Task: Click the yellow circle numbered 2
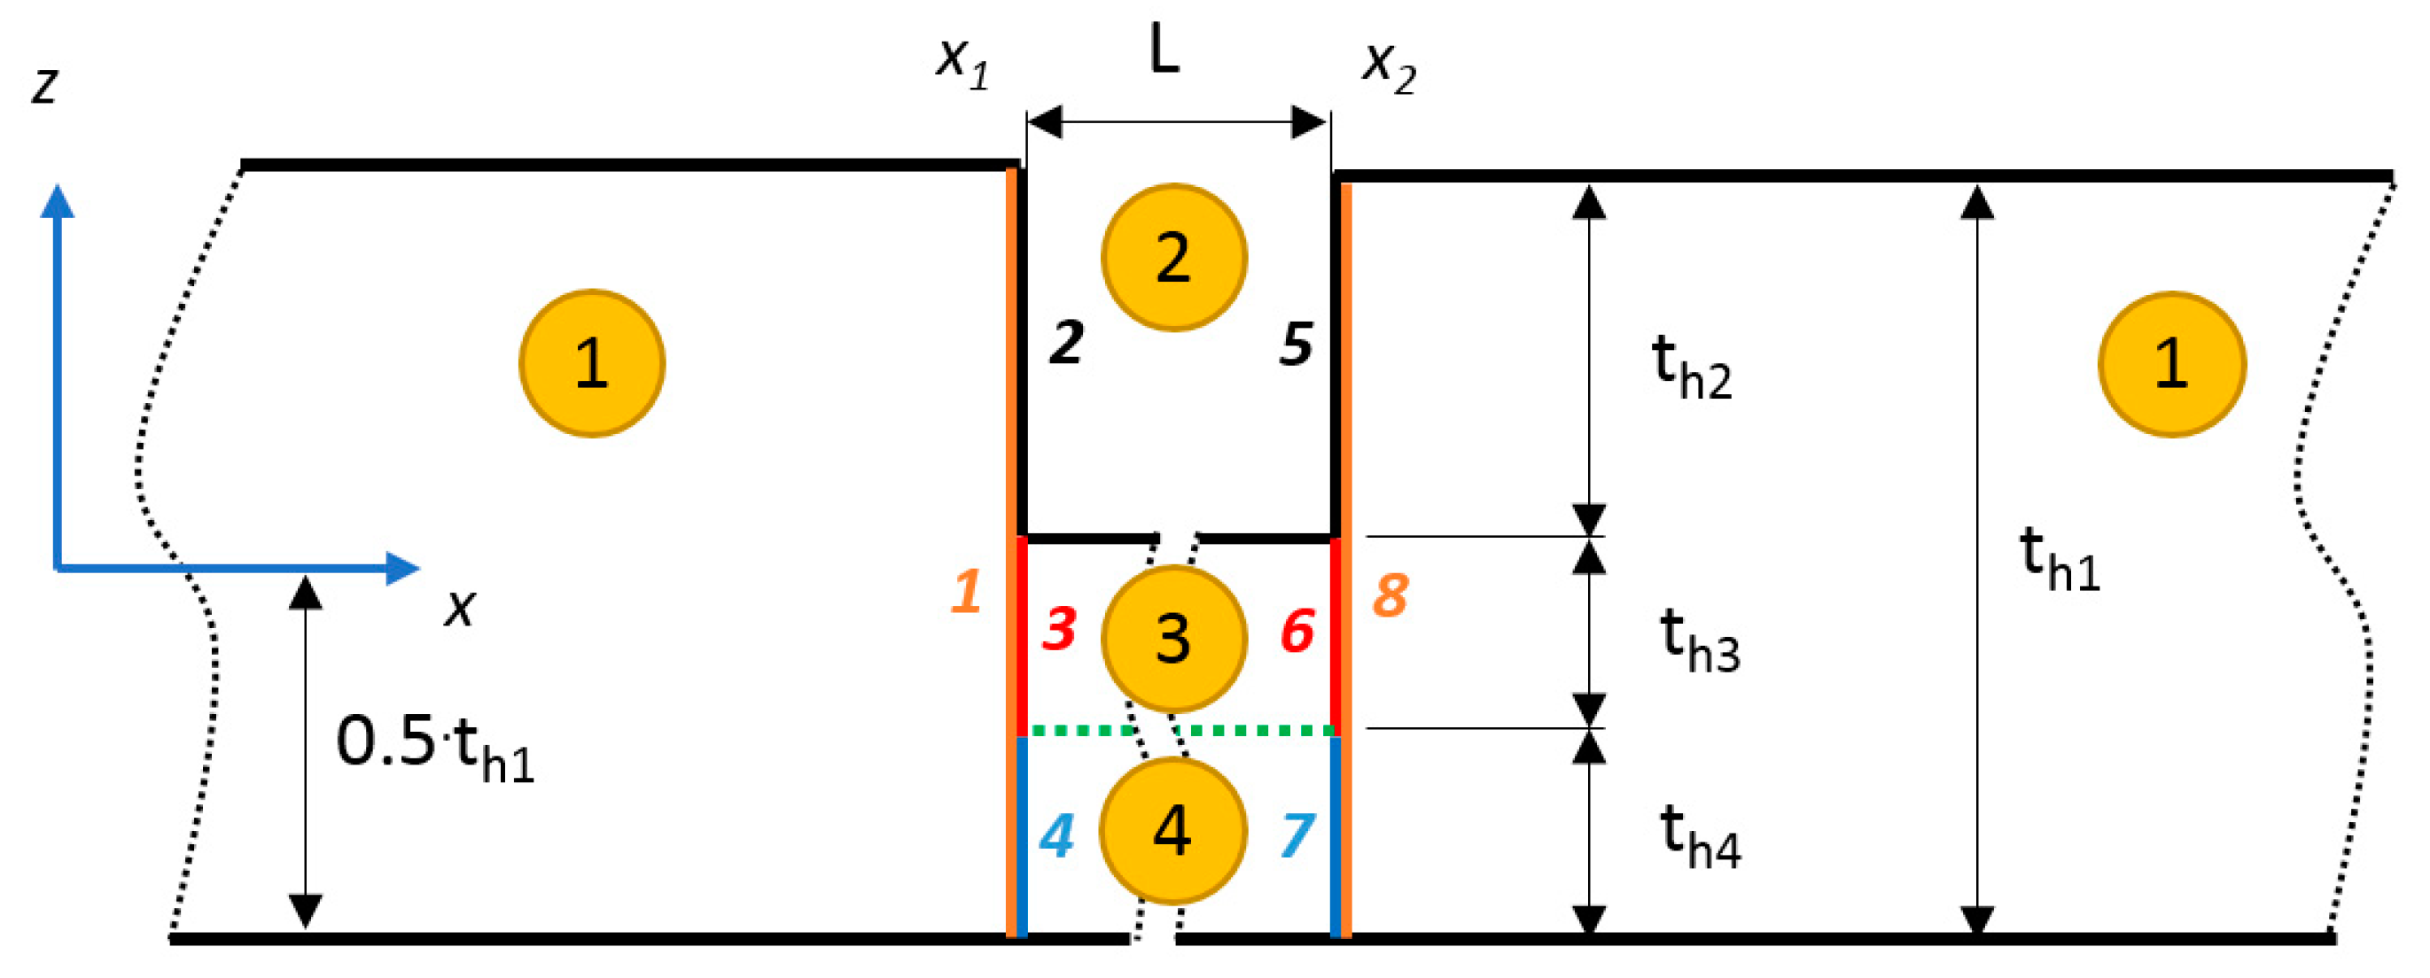(x=1173, y=257)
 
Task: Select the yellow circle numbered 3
(x=1173, y=638)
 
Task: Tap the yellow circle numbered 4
(x=1173, y=830)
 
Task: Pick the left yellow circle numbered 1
(x=591, y=362)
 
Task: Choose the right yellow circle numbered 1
(x=2171, y=363)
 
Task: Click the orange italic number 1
(x=965, y=593)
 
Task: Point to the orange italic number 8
(x=1390, y=595)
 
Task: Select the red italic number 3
(x=1059, y=629)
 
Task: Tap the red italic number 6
(x=1297, y=631)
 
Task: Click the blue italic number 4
(x=1055, y=835)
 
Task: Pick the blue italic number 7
(x=1297, y=835)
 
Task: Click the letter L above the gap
(x=1165, y=49)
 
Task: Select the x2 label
(x=1389, y=66)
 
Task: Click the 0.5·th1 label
(x=435, y=747)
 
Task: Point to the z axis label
(x=44, y=85)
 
